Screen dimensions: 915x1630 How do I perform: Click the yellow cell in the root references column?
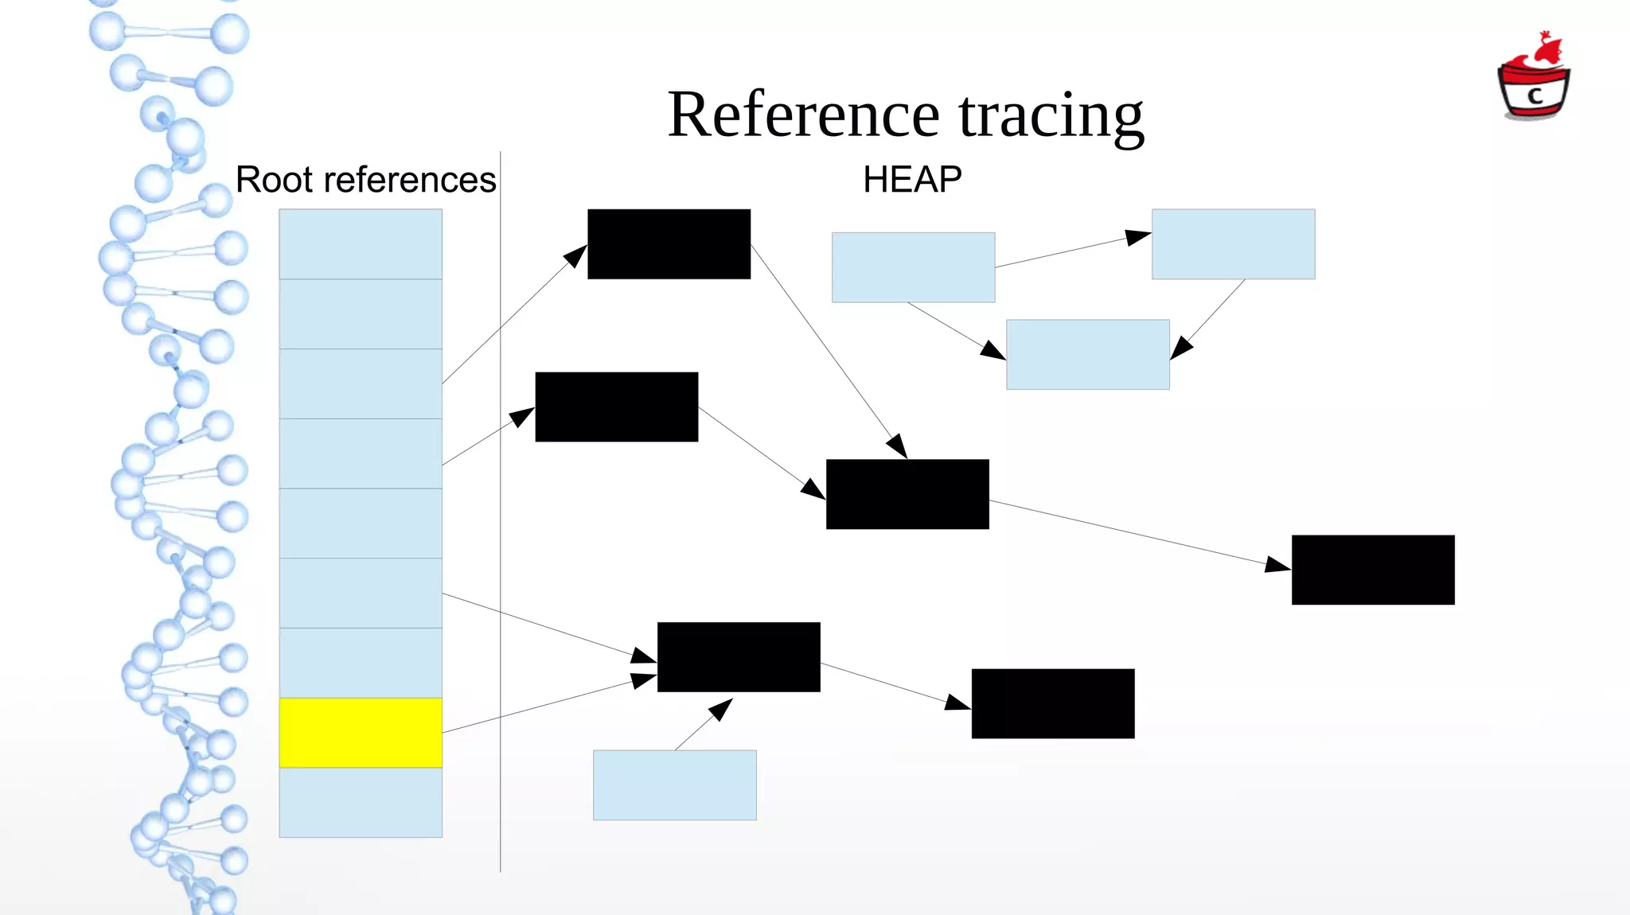361,733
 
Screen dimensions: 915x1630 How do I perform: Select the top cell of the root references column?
361,243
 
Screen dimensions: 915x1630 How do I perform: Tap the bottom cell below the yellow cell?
361,802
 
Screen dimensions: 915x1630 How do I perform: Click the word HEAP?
912,180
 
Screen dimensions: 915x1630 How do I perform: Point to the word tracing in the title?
1051,115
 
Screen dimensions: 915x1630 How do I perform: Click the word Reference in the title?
804,115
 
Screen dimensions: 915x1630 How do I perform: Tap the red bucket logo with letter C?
1534,80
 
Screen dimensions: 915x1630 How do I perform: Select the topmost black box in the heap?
669,243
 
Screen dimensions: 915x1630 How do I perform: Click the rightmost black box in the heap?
1373,570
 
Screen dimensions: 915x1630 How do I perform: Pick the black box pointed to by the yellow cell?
739,656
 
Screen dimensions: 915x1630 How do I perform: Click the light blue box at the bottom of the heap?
674,785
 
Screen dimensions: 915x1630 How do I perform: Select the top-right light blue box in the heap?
1233,243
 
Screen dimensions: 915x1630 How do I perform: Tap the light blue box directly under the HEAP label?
913,267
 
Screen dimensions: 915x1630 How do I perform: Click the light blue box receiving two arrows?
1087,354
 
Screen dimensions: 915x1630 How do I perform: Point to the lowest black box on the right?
1052,703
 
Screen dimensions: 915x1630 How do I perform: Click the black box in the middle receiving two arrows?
907,494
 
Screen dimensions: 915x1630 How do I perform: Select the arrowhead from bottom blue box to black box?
721,708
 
